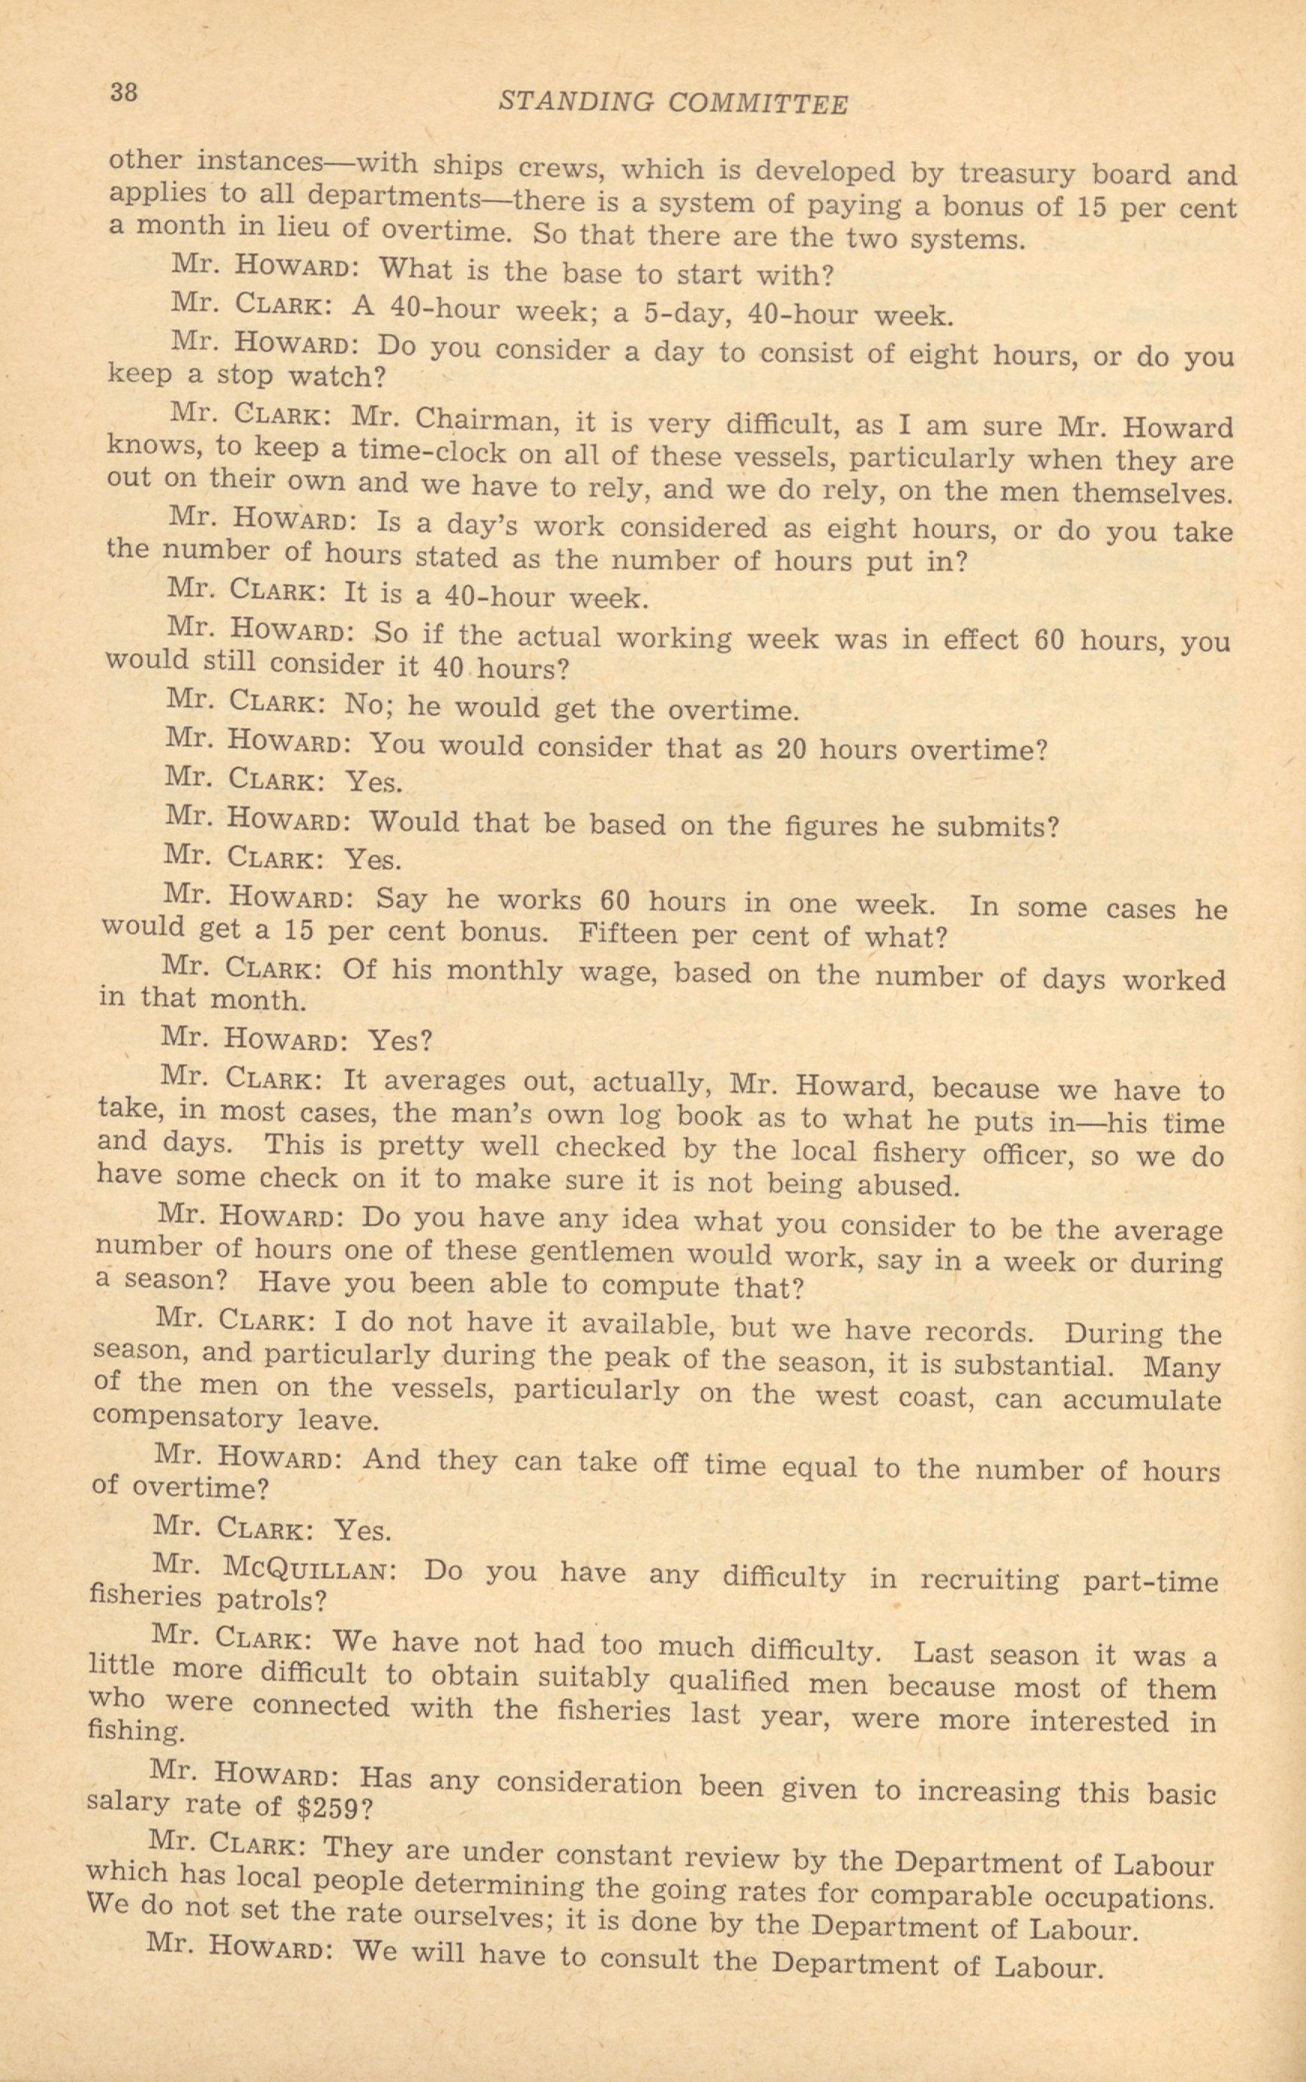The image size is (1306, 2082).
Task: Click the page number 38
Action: point(123,92)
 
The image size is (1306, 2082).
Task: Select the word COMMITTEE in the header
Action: point(757,104)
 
